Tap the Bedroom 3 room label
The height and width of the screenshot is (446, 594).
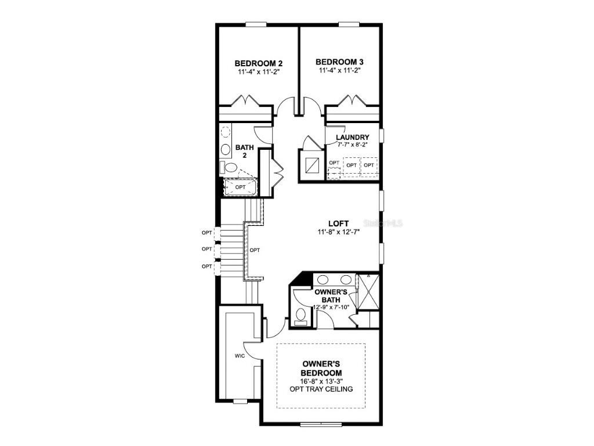(339, 62)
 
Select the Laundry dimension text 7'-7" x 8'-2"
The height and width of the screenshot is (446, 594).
(352, 145)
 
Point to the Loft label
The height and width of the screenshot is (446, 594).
(339, 223)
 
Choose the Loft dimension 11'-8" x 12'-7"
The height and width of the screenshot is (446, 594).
(339, 232)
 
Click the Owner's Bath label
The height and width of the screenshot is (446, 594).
(331, 296)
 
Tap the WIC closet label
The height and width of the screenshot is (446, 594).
(241, 356)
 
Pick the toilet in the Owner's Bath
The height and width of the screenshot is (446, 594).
(300, 315)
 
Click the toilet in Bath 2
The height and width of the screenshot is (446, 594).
(230, 168)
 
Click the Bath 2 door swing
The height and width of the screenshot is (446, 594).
(262, 134)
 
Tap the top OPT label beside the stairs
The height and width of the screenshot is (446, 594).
(207, 233)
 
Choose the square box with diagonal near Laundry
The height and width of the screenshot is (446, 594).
(313, 163)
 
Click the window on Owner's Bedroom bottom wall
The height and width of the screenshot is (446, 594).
(321, 425)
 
